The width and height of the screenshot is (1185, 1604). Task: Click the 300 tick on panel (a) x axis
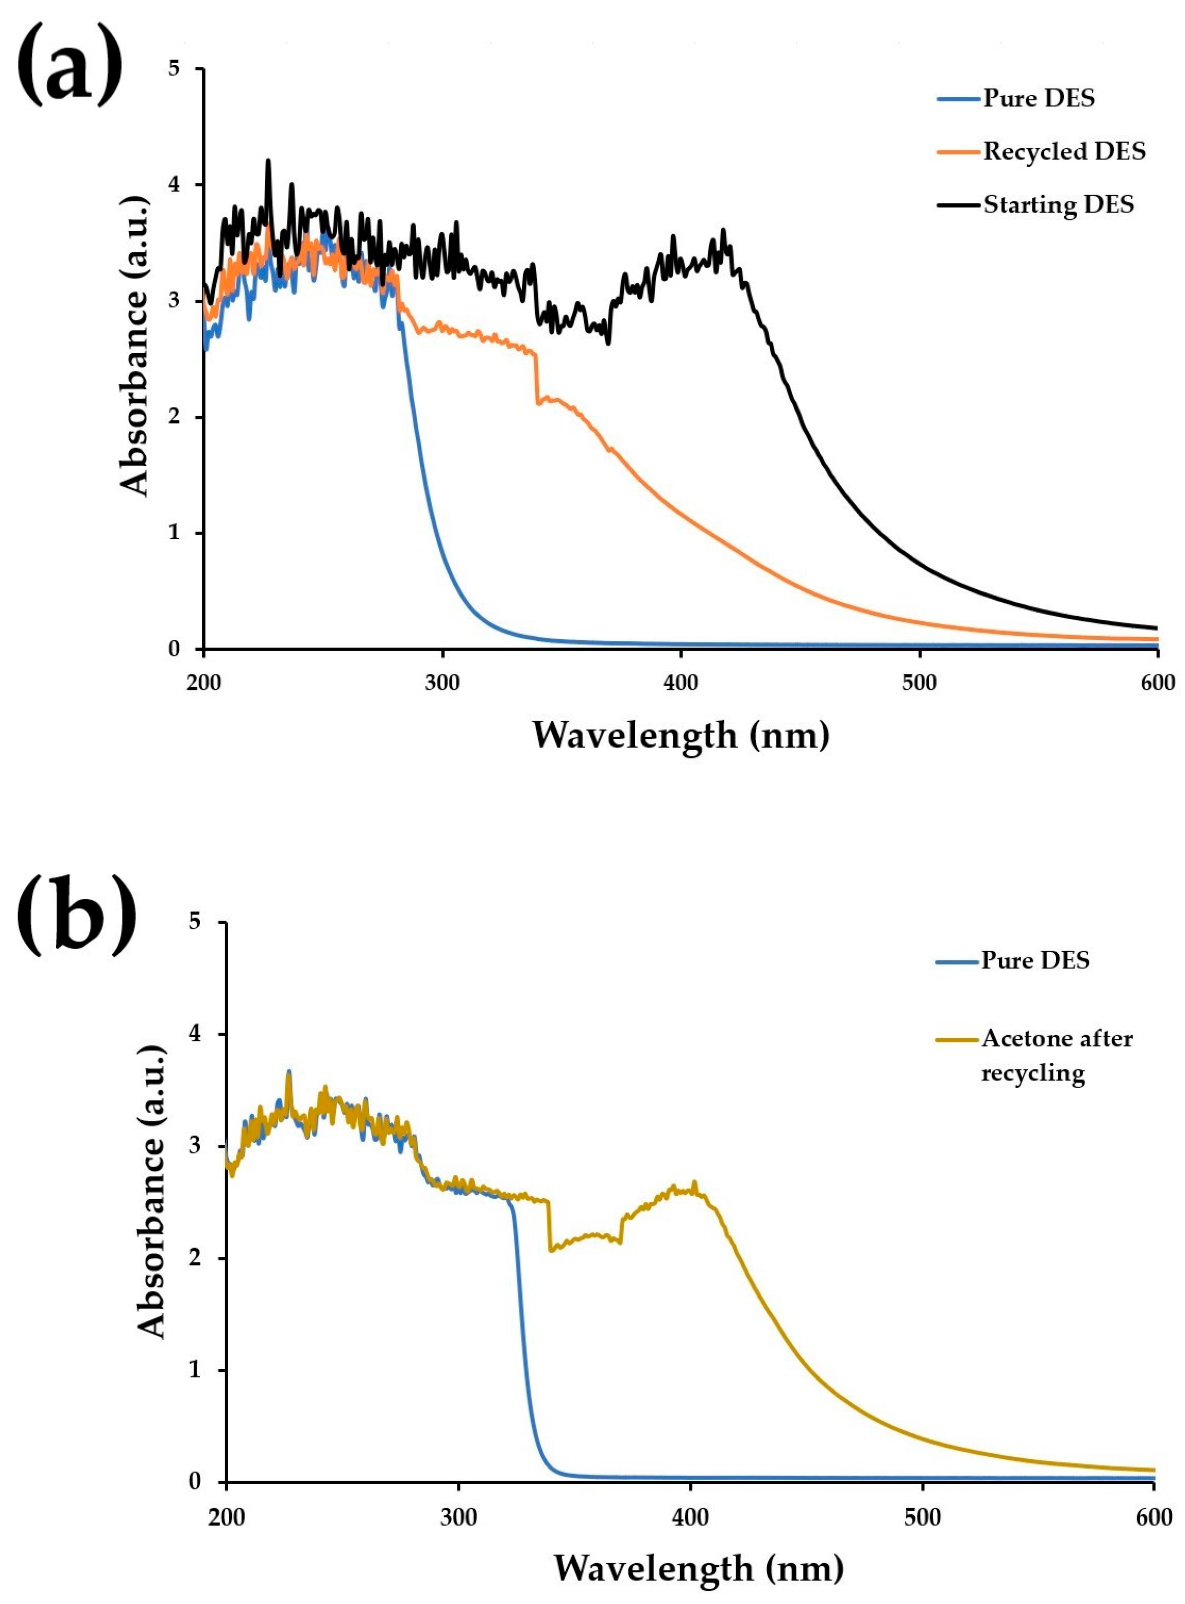pyautogui.click(x=442, y=682)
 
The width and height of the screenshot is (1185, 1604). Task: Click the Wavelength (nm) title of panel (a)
pyautogui.click(x=681, y=735)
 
